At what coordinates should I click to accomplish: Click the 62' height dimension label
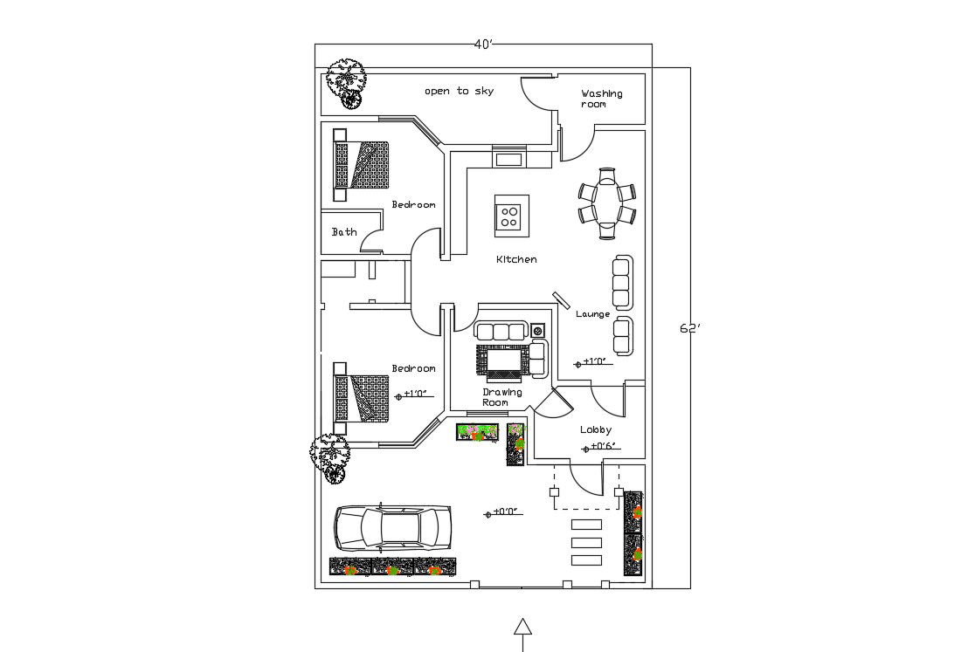[689, 328]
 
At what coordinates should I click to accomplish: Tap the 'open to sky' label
[459, 91]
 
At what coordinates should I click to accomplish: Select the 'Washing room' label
[601, 99]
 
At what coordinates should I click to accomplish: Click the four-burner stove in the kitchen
[511, 216]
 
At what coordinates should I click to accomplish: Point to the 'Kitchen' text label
[516, 259]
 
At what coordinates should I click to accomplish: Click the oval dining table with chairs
[607, 202]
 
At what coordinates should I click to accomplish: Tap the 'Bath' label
[344, 232]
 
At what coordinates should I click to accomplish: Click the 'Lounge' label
[592, 314]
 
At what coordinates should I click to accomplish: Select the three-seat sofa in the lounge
[622, 283]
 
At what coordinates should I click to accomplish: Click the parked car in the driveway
[392, 527]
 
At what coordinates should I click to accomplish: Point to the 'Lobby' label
[596, 429]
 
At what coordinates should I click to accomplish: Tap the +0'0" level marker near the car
[505, 512]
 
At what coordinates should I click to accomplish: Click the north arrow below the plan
[522, 631]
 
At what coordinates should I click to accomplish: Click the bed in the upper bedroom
[361, 165]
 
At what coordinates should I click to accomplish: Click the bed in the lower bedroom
[361, 398]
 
